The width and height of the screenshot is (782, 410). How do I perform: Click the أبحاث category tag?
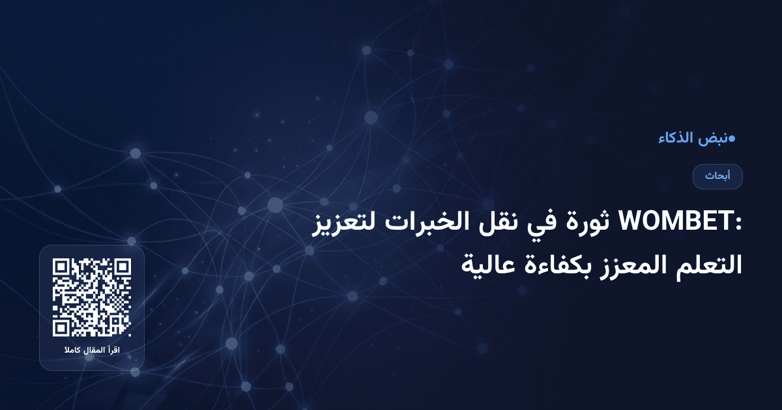click(717, 176)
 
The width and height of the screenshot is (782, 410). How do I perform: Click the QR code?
click(92, 297)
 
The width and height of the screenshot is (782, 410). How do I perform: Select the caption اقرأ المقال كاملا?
click(92, 351)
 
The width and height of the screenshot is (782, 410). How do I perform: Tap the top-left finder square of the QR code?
click(62, 267)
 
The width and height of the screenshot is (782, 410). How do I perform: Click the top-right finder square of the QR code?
click(122, 267)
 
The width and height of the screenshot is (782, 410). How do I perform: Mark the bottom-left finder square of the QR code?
click(62, 327)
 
